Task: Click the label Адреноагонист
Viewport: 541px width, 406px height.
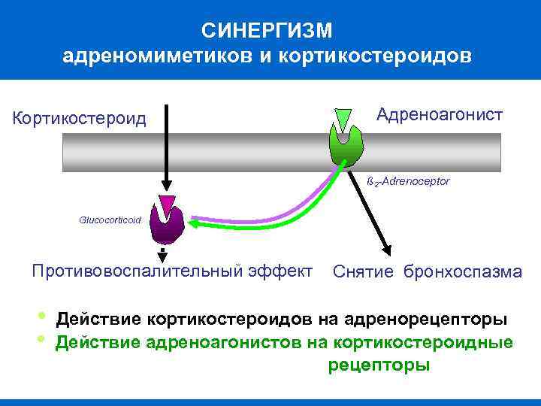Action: (440, 115)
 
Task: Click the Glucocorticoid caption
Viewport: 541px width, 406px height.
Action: (110, 220)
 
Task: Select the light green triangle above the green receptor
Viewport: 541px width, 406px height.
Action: (343, 119)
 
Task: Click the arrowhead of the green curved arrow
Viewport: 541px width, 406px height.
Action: (194, 223)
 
